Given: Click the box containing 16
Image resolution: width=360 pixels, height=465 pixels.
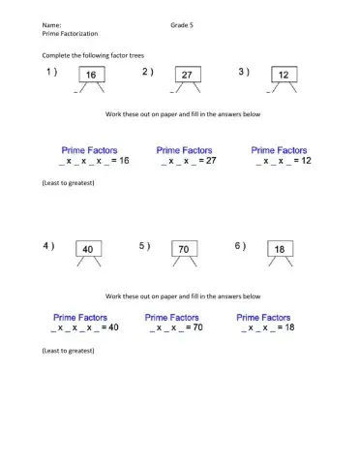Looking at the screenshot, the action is (90, 75).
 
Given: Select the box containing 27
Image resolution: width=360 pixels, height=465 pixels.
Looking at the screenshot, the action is (187, 75).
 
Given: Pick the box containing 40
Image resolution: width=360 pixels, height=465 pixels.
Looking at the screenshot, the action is (89, 249).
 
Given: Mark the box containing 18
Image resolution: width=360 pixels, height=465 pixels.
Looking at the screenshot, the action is (279, 249).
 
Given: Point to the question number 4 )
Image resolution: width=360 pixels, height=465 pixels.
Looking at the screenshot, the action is (48, 246).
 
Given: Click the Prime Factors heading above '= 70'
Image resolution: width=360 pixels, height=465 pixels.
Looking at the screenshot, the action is (171, 317).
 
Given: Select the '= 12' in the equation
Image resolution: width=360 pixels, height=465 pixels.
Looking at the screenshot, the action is (298, 161).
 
